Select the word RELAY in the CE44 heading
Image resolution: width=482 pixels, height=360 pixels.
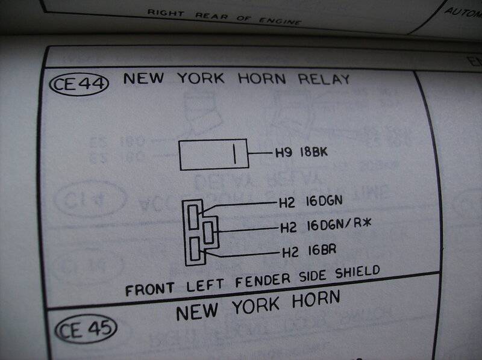pos(322,79)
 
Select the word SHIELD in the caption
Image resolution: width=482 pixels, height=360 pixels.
pos(356,271)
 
